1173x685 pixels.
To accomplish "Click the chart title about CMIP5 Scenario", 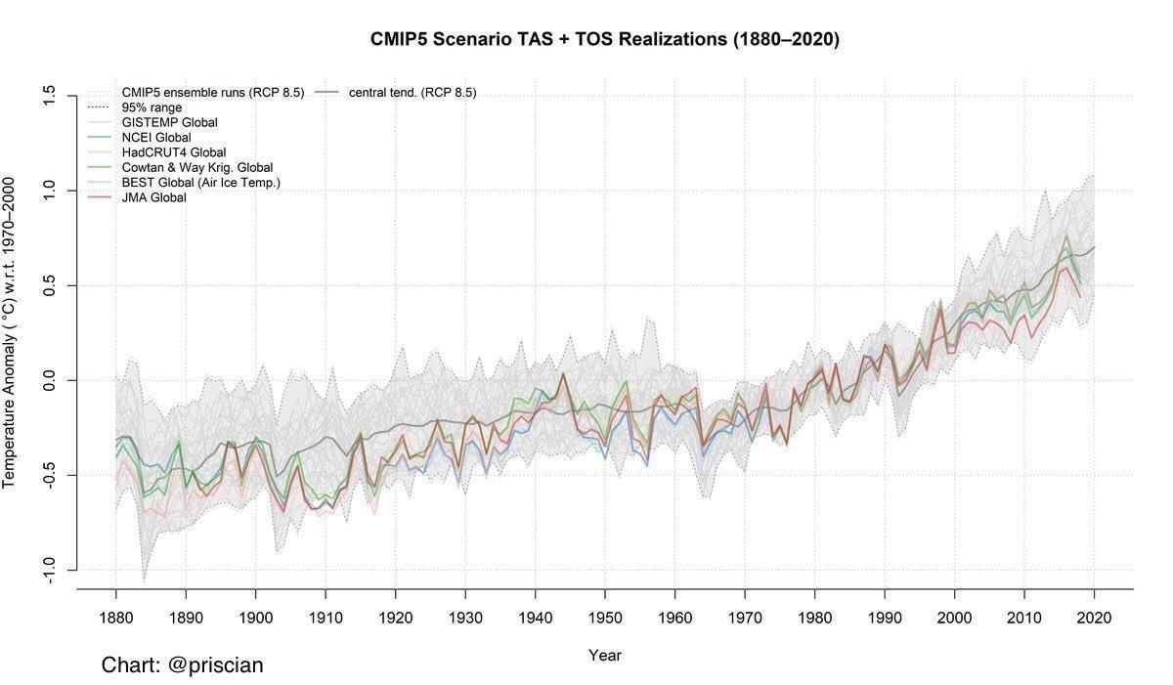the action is (605, 39).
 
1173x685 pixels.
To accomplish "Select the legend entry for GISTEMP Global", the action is (169, 122).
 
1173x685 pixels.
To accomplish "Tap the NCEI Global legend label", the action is (156, 138).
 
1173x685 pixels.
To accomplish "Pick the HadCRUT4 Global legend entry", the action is (174, 152).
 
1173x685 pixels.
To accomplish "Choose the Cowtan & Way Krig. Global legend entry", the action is (196, 167).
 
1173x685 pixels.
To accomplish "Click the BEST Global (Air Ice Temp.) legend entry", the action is (201, 183).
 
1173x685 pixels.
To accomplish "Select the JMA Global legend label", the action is (154, 197).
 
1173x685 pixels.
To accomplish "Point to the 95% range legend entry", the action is (152, 107).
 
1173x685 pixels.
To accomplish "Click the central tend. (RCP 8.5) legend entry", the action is (413, 93).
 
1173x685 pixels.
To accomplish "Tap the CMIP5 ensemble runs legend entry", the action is (213, 93).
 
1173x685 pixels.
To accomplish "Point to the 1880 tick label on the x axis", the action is (116, 618).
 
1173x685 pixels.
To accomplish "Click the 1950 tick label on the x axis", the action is (605, 618).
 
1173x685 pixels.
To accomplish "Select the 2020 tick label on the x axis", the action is (1094, 618).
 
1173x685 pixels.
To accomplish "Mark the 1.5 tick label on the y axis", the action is (49, 96).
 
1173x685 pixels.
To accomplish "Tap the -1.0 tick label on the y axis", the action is (49, 570).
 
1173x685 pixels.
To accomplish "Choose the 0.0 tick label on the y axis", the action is (49, 380).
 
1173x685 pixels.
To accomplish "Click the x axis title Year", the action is (605, 655).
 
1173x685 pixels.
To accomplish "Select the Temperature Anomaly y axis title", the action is (9, 333).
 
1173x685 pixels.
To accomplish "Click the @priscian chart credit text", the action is (182, 665).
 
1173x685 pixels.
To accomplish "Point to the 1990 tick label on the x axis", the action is (885, 618).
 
